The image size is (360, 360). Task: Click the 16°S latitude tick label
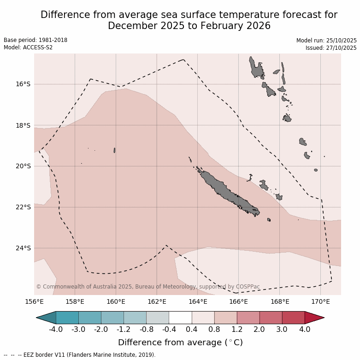pyautogui.click(x=24, y=84)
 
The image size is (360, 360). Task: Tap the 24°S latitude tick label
pyautogui.click(x=24, y=248)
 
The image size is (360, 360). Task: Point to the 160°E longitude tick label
pyautogui.click(x=116, y=302)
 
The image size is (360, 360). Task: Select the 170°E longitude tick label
pyautogui.click(x=320, y=302)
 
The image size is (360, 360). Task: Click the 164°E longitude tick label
pyautogui.click(x=198, y=302)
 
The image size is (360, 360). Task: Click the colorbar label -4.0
pyautogui.click(x=56, y=330)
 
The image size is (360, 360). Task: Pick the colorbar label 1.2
pyautogui.click(x=237, y=330)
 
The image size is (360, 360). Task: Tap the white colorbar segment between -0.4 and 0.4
pyautogui.click(x=180, y=318)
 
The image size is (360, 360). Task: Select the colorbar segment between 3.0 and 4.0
pyautogui.click(x=293, y=318)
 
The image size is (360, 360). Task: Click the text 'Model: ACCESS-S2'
pyautogui.click(x=28, y=47)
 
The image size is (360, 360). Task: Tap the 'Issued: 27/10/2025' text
pyautogui.click(x=331, y=47)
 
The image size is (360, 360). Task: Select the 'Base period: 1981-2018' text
pyautogui.click(x=35, y=40)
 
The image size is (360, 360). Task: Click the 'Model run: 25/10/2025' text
pyautogui.click(x=326, y=40)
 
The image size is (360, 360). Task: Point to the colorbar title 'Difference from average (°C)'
pyautogui.click(x=180, y=342)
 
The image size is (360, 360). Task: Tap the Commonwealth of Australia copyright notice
pyautogui.click(x=148, y=287)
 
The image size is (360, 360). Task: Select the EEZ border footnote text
pyautogui.click(x=80, y=355)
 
